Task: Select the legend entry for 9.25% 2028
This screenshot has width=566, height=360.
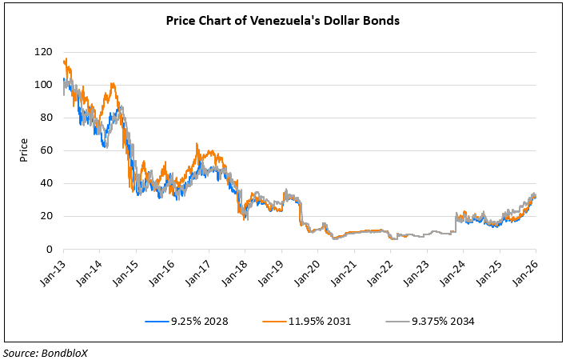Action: [x=200, y=321]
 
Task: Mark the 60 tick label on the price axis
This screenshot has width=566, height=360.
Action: [x=46, y=150]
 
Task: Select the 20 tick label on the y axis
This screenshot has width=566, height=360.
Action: [x=46, y=216]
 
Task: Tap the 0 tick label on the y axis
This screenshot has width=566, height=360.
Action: [x=49, y=250]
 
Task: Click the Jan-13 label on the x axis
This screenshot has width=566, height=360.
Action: [x=53, y=272]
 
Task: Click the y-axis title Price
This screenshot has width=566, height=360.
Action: [x=24, y=150]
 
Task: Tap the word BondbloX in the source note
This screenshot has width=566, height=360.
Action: [x=66, y=352]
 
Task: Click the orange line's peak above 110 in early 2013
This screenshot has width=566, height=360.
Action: [x=64, y=58]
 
